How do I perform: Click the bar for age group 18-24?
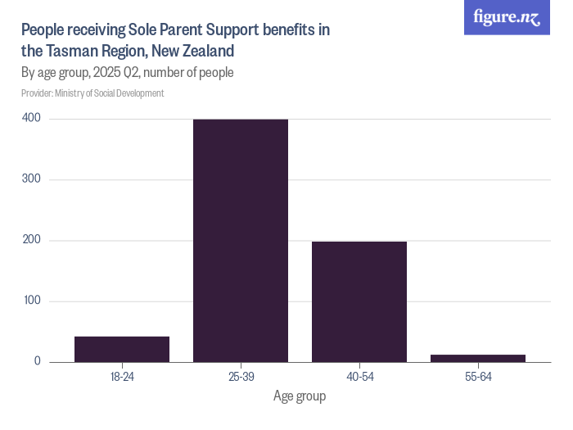pos(122,349)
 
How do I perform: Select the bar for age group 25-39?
pos(241,241)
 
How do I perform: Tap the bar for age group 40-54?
pos(359,301)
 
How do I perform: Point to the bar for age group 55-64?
pos(478,358)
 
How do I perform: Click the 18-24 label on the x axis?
pos(122,377)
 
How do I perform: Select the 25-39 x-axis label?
pos(241,377)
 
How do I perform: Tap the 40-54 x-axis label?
pos(359,377)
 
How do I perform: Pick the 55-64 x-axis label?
pos(478,377)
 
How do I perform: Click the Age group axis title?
pos(300,396)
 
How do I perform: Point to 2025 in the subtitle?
pos(107,72)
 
